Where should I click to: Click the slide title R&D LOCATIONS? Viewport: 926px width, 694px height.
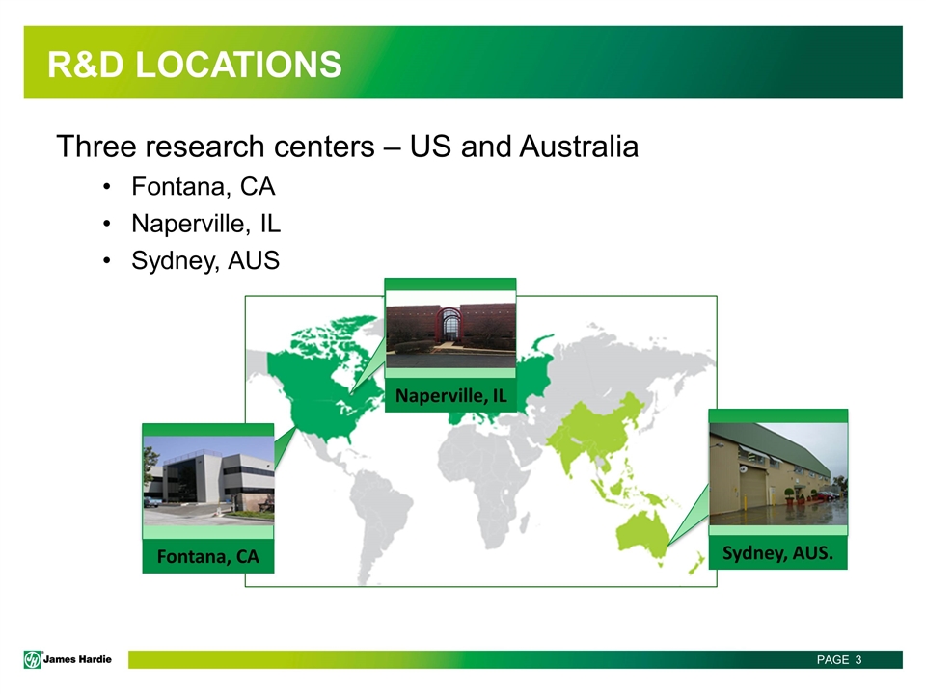coord(194,64)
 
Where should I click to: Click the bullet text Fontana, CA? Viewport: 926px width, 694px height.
coord(204,186)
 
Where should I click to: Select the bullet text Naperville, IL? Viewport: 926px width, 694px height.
coord(205,224)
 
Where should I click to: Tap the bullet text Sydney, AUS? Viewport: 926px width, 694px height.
coord(204,260)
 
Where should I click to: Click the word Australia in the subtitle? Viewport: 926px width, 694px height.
coord(579,146)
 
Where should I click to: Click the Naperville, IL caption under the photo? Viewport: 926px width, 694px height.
coord(450,395)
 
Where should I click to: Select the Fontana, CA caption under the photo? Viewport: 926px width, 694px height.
coord(208,556)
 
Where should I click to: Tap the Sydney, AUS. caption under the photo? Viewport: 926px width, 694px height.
coord(777,553)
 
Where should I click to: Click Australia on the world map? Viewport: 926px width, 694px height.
coord(642,535)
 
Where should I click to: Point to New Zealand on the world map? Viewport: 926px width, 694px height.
coord(696,563)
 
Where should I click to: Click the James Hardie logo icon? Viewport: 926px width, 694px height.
coord(33,659)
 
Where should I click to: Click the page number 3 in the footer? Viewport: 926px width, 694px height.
coord(858,659)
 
